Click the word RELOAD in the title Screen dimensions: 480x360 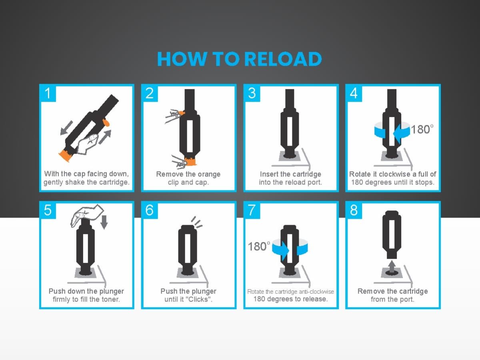(x=282, y=59)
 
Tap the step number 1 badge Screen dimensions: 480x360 (x=48, y=93)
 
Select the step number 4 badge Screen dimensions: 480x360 (x=354, y=93)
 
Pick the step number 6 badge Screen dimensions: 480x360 (x=150, y=210)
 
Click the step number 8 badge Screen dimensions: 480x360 (x=354, y=210)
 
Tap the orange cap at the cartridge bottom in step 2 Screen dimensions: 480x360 (x=190, y=161)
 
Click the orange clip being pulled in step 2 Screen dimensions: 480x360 (x=181, y=114)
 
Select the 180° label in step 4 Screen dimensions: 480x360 (x=422, y=129)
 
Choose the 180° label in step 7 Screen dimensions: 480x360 (x=259, y=246)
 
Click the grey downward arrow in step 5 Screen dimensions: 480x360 (x=104, y=222)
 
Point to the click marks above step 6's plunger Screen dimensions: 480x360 (x=196, y=222)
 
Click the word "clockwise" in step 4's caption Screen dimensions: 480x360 (x=394, y=174)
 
